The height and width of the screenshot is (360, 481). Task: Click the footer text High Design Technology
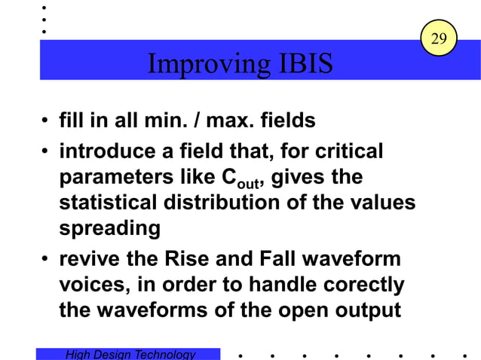130,354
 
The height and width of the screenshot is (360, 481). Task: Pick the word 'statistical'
105,203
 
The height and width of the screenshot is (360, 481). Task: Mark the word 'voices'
86,285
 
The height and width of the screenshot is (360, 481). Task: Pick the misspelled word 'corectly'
366,285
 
